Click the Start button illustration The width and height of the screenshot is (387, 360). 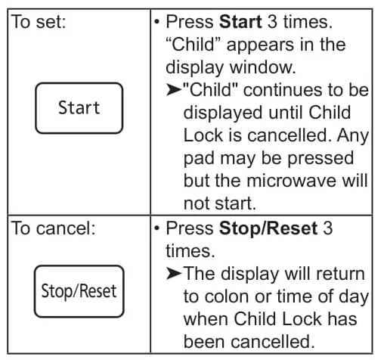coord(79,108)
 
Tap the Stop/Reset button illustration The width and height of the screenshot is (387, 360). coord(79,291)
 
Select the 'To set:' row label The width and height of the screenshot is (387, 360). coord(39,22)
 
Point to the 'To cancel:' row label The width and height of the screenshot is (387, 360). coord(53,228)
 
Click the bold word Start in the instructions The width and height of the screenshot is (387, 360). coord(240,22)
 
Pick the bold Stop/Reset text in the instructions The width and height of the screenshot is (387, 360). coord(268,229)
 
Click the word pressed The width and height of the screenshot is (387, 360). coord(320,159)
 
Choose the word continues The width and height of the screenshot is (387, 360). coord(282,90)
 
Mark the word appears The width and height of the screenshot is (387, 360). coord(260,45)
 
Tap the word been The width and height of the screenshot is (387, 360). coord(204,342)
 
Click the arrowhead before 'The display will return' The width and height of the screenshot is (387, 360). coord(174,274)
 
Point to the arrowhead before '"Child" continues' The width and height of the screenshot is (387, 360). coord(174,90)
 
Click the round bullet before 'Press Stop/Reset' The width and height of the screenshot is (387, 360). coord(157,228)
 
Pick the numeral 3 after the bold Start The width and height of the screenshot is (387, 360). coord(272,22)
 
